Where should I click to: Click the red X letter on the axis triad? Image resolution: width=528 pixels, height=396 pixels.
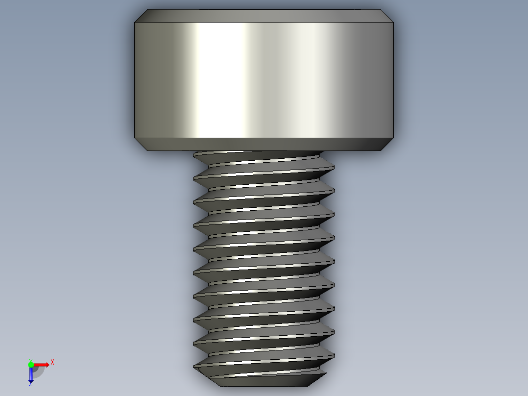point(52,362)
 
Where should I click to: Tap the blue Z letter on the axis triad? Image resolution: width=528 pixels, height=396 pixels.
point(30,384)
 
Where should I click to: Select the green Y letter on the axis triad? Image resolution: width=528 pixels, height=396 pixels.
point(30,360)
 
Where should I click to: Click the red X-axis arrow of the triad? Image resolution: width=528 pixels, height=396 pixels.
point(42,365)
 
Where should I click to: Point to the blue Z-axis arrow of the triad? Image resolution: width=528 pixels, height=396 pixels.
point(31,375)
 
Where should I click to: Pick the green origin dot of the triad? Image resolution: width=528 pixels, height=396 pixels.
point(31,365)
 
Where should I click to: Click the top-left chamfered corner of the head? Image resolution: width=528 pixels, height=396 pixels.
point(141,16)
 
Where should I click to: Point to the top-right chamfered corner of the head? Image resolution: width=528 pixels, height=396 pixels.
point(387,16)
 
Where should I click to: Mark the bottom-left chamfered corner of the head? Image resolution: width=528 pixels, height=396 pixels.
point(141,144)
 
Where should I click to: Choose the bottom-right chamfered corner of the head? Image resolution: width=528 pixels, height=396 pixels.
point(387,144)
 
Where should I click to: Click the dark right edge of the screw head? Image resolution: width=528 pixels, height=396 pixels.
point(387,78)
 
